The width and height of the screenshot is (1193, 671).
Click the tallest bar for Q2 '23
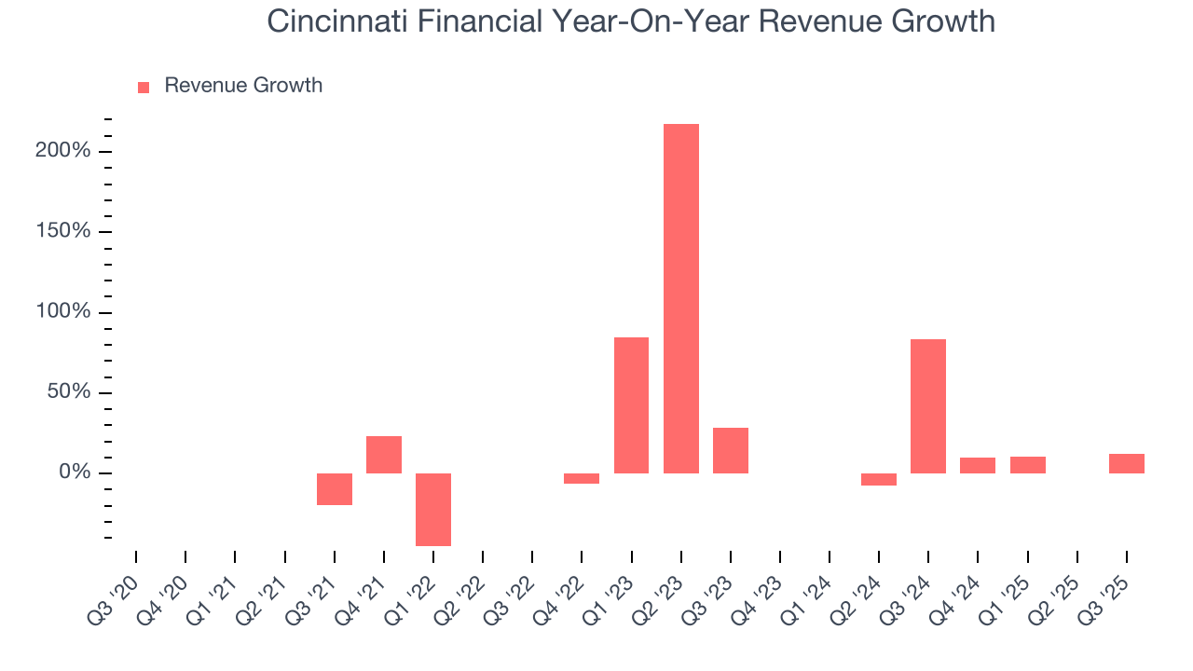[680, 298]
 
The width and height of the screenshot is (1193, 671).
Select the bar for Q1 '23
[631, 405]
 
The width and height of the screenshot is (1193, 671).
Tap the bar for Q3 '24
[927, 406]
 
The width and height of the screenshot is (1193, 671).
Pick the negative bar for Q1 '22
[433, 509]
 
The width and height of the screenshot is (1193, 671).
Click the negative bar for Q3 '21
[334, 489]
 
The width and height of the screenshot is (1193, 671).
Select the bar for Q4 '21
[383, 455]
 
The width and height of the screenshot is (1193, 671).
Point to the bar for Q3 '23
[730, 450]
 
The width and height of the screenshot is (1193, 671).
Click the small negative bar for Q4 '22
[582, 479]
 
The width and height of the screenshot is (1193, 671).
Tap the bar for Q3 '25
[1126, 463]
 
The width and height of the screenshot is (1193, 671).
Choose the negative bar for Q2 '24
[878, 480]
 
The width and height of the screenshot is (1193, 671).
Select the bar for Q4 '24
[977, 465]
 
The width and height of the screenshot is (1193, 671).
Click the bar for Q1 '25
[1027, 465]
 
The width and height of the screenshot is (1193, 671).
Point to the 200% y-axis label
[62, 151]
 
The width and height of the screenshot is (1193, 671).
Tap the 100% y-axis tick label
[62, 312]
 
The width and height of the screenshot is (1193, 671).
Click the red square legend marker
[144, 88]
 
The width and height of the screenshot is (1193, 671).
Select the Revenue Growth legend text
[243, 86]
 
